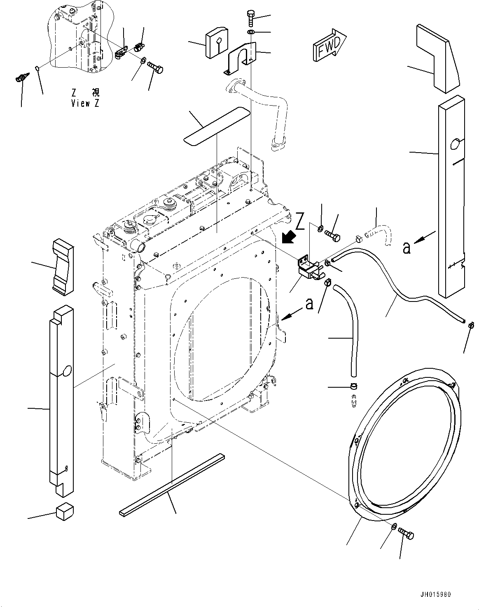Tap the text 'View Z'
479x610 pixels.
click(85, 103)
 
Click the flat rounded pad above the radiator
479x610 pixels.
click(217, 126)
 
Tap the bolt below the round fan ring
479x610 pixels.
click(406, 535)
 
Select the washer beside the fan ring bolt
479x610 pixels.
click(394, 526)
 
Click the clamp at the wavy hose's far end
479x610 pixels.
click(470, 324)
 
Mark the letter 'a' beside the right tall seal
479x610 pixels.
click(407, 247)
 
